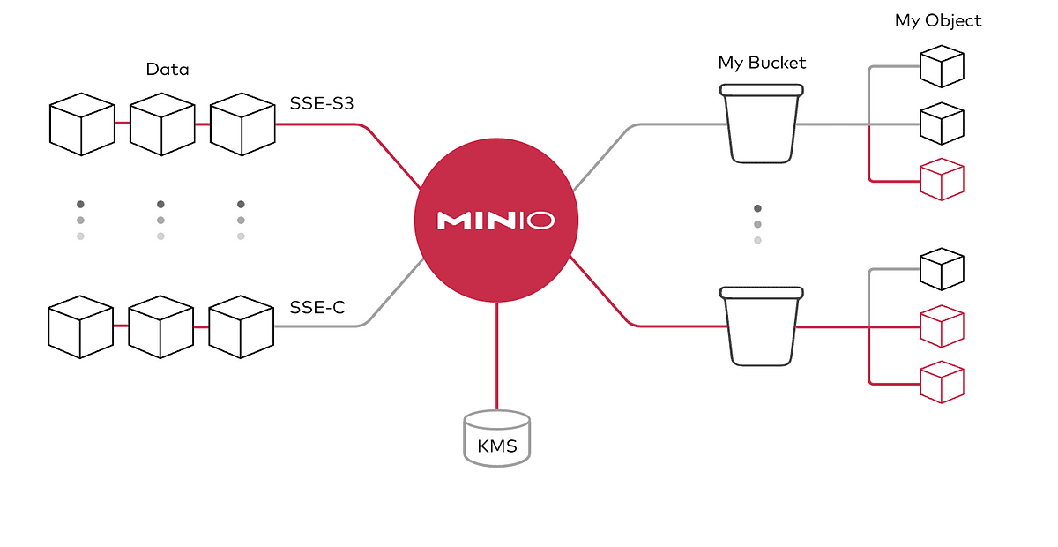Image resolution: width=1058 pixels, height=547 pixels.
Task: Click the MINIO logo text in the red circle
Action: point(496,220)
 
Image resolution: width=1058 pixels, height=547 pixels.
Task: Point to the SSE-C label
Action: point(317,308)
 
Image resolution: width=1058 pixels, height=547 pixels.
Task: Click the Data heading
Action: point(168,69)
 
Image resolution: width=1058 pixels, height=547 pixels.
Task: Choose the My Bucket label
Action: point(762,63)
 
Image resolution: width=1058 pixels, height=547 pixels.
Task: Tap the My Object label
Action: point(938,19)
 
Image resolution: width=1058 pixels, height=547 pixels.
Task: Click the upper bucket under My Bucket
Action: point(761,123)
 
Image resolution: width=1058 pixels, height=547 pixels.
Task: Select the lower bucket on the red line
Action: point(761,326)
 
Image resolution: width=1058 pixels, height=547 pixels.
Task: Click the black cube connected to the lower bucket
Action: point(942,270)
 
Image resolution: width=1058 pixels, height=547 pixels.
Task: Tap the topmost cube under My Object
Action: point(942,67)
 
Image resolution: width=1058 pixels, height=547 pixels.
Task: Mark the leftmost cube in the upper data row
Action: point(81,124)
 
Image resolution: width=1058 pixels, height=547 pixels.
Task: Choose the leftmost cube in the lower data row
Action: point(81,326)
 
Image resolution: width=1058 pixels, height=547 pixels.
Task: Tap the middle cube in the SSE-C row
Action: point(161,326)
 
